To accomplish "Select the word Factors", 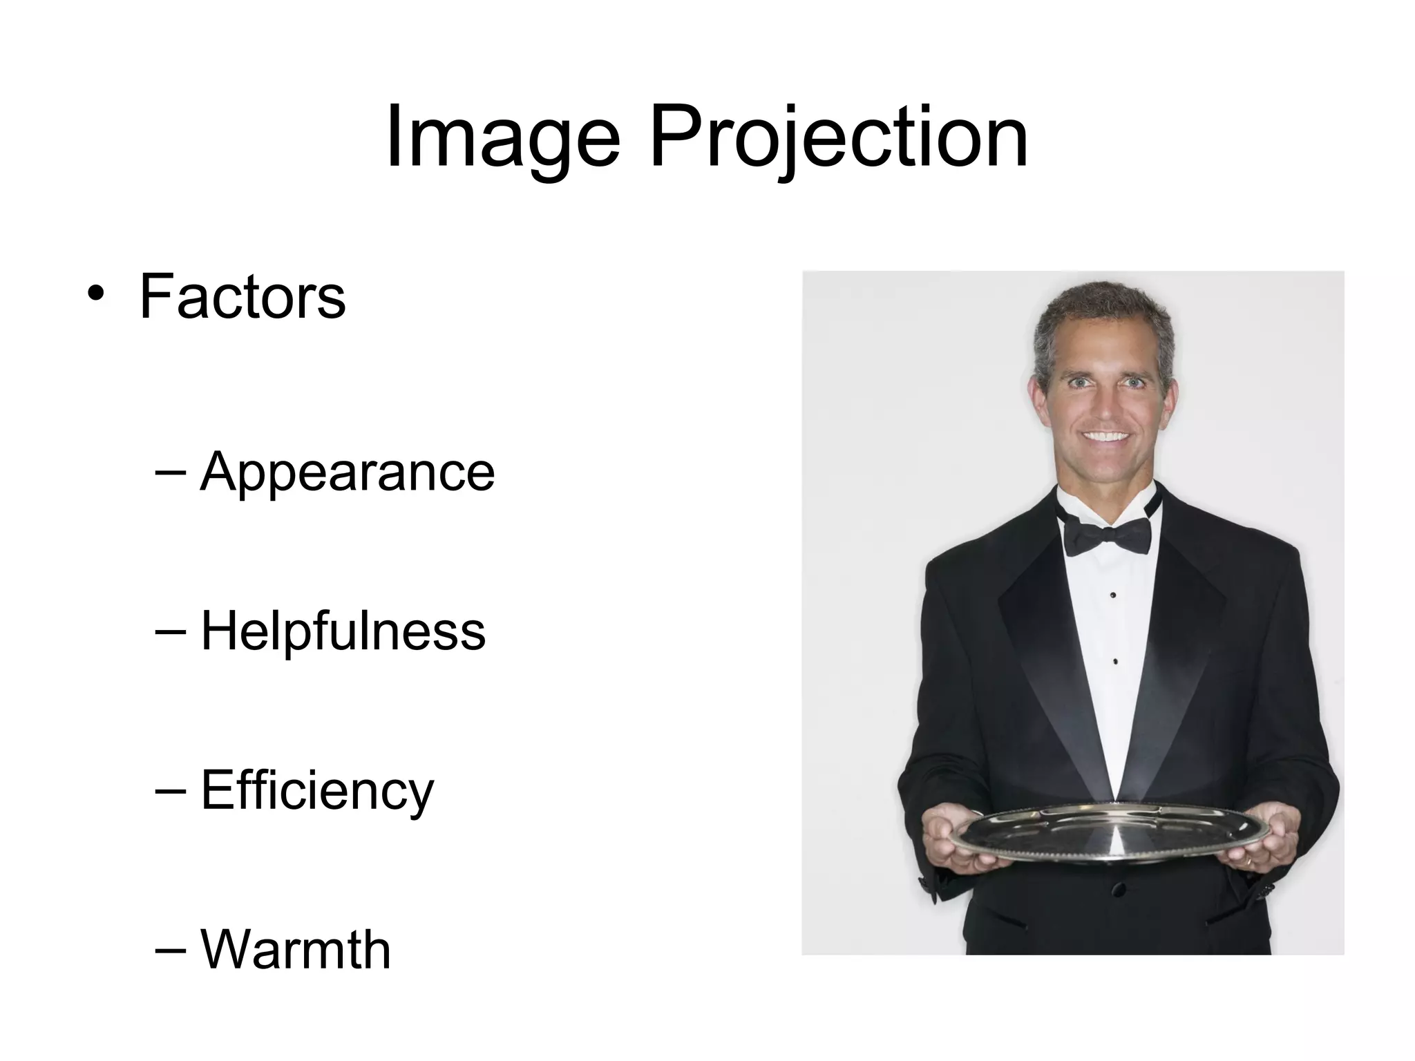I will (x=243, y=297).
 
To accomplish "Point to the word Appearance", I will (x=348, y=472).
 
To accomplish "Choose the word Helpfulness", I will (x=343, y=631).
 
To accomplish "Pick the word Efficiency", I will (x=317, y=790).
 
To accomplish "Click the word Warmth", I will (x=296, y=950).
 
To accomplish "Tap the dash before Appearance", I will (x=171, y=472).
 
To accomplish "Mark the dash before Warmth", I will (x=171, y=950).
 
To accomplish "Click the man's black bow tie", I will (x=1108, y=535).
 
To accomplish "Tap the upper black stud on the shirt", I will (x=1112, y=595).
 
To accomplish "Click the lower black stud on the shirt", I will (x=1115, y=662).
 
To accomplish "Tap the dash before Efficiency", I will (x=171, y=790).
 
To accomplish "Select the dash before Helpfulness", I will (x=171, y=631).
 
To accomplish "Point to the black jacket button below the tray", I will (x=1119, y=889).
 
